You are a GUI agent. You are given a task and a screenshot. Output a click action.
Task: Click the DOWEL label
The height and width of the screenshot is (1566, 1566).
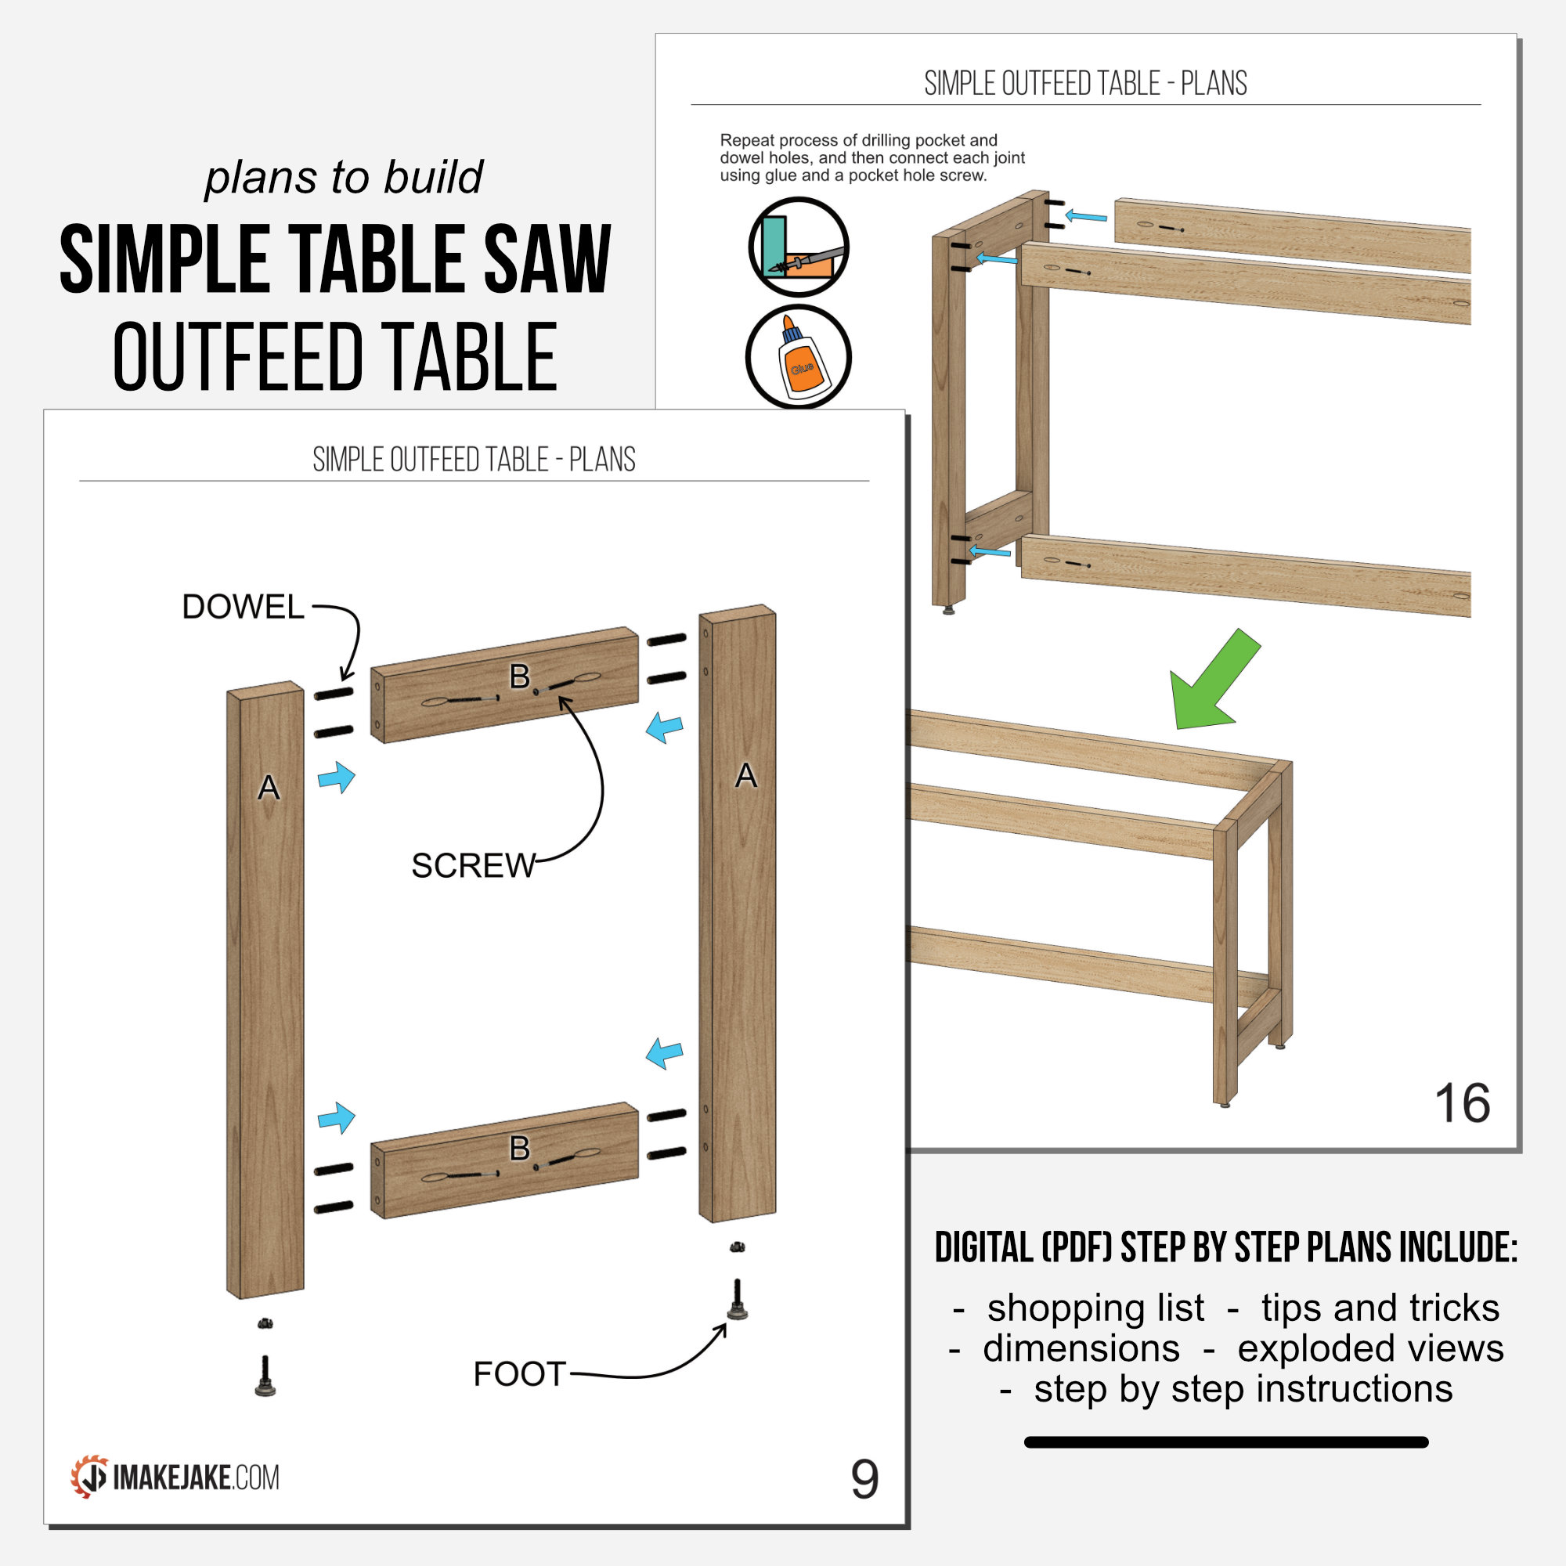click(x=243, y=607)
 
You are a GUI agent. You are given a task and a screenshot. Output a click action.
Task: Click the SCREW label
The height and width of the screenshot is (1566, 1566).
click(x=474, y=866)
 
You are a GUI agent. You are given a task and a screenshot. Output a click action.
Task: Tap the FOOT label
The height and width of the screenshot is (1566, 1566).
click(x=519, y=1374)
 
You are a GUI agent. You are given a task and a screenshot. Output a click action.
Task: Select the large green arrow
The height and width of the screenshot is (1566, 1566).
click(x=1213, y=681)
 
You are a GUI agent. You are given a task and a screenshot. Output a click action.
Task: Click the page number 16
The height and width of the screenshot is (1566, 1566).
click(x=1461, y=1104)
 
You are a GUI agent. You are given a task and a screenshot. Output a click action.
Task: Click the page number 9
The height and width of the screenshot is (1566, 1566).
click(x=864, y=1480)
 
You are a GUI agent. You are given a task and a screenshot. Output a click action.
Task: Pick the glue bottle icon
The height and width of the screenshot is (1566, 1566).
click(x=799, y=356)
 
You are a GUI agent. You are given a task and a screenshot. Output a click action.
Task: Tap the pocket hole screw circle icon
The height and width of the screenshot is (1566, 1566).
click(x=799, y=247)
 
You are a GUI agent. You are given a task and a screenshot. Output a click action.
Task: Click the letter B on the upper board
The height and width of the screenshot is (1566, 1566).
click(x=520, y=676)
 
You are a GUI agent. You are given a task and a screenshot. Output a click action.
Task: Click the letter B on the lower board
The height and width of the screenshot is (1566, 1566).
click(x=520, y=1149)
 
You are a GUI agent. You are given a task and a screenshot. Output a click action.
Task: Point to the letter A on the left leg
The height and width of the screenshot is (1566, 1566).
click(x=269, y=788)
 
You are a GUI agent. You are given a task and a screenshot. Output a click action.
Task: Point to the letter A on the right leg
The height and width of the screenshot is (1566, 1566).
click(x=745, y=777)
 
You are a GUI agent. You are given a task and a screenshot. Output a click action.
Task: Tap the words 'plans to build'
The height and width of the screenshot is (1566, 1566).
click(x=344, y=178)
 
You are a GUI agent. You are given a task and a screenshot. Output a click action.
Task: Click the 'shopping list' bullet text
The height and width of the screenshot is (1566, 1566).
click(x=1095, y=1308)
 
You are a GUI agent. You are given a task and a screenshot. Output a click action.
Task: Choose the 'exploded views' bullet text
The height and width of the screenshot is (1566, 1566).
click(x=1369, y=1348)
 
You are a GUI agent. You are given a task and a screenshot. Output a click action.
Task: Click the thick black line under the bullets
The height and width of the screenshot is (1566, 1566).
click(x=1225, y=1442)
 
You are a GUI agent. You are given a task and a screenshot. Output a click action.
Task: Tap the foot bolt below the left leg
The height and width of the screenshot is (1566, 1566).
click(x=265, y=1376)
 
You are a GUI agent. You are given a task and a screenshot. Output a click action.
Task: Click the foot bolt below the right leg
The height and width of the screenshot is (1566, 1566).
click(x=737, y=1300)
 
